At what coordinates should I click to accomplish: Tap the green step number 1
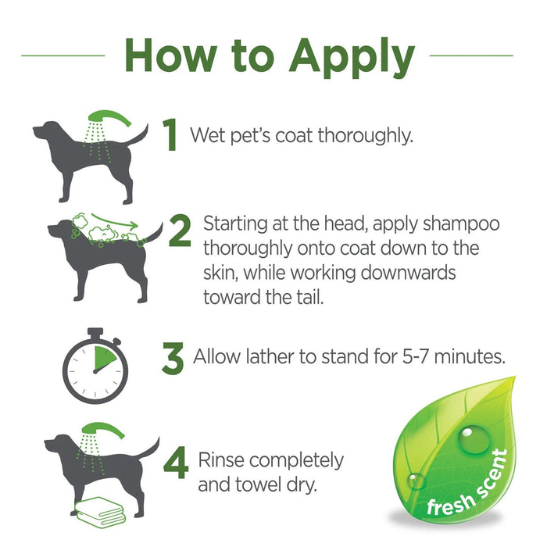(171, 135)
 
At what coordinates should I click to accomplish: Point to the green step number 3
(173, 358)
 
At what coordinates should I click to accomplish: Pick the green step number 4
(176, 463)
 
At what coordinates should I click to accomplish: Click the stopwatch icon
(95, 366)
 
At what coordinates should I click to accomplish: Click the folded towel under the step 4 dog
(101, 511)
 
